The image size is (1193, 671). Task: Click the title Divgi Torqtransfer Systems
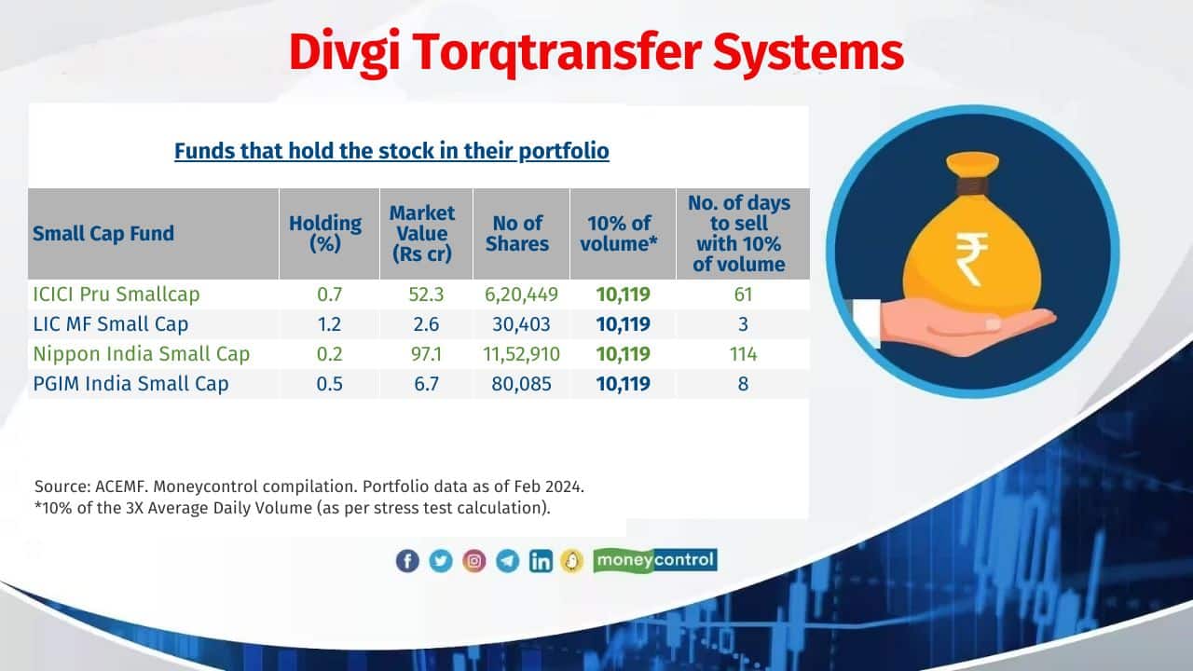(x=596, y=53)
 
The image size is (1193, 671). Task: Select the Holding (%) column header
(x=325, y=233)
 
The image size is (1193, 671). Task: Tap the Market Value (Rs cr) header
(x=422, y=233)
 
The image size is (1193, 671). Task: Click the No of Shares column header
(x=517, y=233)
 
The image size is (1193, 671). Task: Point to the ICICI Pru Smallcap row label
(x=117, y=294)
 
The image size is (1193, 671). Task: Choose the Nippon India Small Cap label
(x=141, y=353)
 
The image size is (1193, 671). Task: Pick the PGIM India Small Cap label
(x=130, y=383)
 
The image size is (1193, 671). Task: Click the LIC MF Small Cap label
(x=110, y=323)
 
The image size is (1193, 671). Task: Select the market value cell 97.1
(x=426, y=354)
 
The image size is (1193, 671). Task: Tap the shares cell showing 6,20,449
(x=521, y=294)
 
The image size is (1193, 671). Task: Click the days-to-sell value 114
(x=743, y=354)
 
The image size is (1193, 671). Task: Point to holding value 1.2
(x=329, y=324)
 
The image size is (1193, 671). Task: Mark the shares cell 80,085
(x=521, y=384)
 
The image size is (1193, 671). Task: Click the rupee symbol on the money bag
(x=971, y=259)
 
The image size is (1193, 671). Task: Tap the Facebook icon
(x=407, y=561)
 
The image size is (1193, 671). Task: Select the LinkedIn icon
(x=541, y=561)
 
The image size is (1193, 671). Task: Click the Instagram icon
(x=474, y=561)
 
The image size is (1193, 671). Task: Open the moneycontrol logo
(x=655, y=560)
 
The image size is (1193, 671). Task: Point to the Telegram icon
(x=508, y=561)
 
